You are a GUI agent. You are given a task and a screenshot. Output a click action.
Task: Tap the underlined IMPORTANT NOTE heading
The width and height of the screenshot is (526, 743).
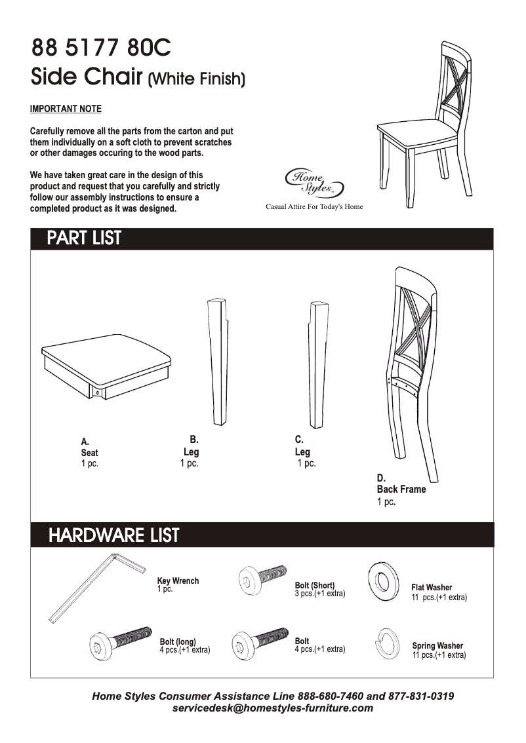click(x=66, y=109)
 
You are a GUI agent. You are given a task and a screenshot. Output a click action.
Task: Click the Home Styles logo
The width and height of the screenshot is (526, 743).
click(x=313, y=181)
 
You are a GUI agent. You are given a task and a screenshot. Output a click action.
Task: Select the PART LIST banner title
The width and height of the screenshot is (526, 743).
click(x=84, y=238)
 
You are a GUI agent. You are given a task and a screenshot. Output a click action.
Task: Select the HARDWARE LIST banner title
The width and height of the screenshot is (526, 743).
click(x=113, y=535)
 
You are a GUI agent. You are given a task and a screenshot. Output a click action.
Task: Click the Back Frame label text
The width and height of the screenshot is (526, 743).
click(x=401, y=489)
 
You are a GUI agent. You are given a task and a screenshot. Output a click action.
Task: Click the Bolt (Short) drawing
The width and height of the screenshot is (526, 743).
click(x=262, y=579)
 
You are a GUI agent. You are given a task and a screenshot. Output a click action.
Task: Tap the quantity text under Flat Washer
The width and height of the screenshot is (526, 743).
click(x=439, y=598)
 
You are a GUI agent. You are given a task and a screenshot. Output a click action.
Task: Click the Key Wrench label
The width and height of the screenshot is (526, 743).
click(x=178, y=581)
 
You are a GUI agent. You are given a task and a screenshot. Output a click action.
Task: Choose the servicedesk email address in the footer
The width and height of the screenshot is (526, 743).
click(x=272, y=708)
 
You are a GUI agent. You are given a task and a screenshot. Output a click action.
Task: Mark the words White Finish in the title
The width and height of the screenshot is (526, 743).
click(x=197, y=80)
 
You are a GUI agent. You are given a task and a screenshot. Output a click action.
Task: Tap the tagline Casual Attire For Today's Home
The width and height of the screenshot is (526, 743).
click(x=314, y=207)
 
